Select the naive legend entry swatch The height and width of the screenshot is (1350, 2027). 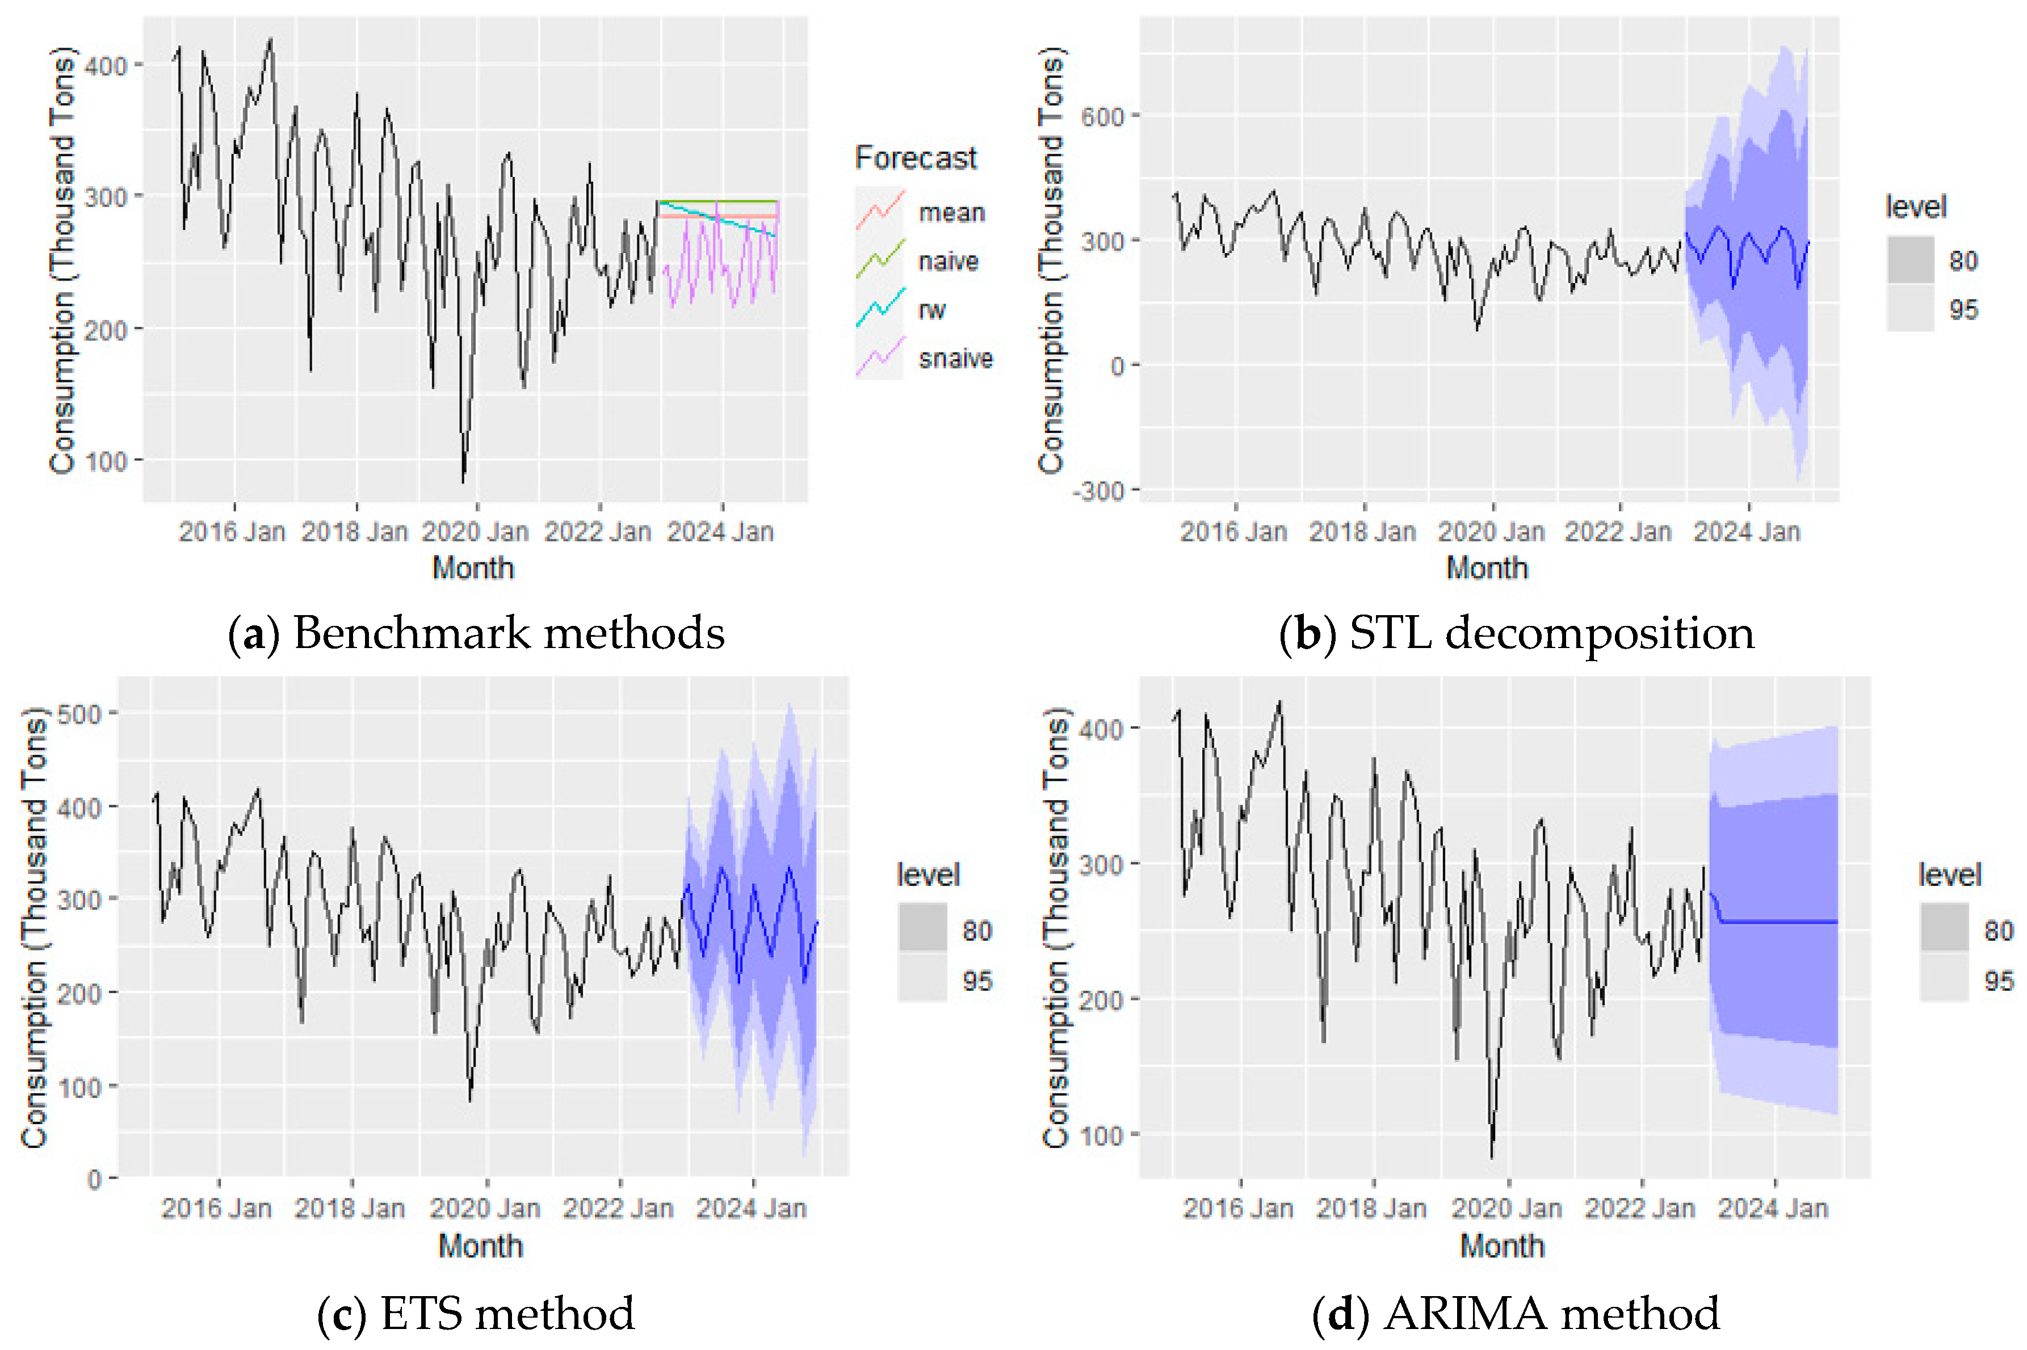point(879,259)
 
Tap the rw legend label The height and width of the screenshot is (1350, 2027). point(931,309)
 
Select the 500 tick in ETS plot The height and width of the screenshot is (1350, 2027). point(79,714)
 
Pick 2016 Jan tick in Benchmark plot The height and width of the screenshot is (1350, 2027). point(232,531)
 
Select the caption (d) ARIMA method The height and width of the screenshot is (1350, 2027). point(1516,1313)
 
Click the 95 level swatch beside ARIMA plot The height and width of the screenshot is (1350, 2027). point(1944,979)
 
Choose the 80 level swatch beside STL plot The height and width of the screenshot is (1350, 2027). point(1910,259)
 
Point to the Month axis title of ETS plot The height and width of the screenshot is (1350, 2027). point(480,1246)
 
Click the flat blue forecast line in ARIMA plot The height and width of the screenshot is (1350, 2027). point(1782,922)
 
